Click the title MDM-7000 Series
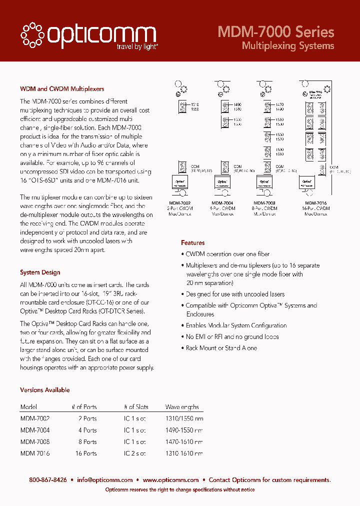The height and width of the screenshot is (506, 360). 275,32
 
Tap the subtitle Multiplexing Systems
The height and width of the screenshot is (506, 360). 287,46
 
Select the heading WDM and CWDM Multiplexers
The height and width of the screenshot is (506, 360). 62,89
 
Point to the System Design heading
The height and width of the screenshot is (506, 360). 40,272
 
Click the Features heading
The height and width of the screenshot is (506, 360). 192,242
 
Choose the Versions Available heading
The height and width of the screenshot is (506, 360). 44,390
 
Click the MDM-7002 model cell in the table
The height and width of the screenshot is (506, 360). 35,418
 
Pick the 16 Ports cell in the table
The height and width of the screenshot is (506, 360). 85,453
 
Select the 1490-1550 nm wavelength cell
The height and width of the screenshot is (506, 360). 184,430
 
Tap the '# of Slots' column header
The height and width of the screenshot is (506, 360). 136,407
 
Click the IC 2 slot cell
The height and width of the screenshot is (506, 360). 135,453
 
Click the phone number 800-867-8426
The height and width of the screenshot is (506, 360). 48,480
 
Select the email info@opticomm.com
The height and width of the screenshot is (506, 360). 104,480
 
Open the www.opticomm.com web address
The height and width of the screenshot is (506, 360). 170,480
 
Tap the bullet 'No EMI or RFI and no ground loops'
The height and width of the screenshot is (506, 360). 232,337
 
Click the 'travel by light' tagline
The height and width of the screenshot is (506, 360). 137,47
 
